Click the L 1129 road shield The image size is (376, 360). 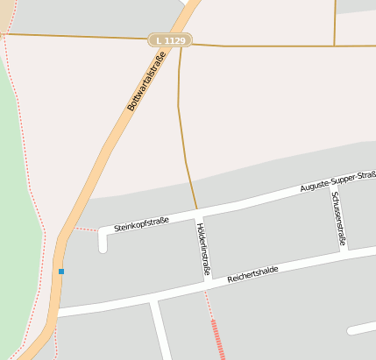tap(169, 40)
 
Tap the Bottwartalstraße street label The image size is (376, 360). tap(146, 81)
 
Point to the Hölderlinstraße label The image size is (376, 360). tap(203, 249)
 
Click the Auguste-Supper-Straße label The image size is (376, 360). tap(337, 183)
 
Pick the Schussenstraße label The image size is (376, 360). tap(340, 216)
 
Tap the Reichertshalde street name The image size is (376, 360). tap(252, 274)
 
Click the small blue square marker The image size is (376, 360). tap(61, 272)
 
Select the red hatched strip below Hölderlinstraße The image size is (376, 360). tap(217, 339)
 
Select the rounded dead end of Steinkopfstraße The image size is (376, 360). tap(103, 247)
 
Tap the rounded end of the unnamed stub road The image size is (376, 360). tap(351, 330)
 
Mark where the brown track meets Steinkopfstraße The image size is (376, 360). tap(196, 209)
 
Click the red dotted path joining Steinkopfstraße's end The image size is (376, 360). tap(86, 229)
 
